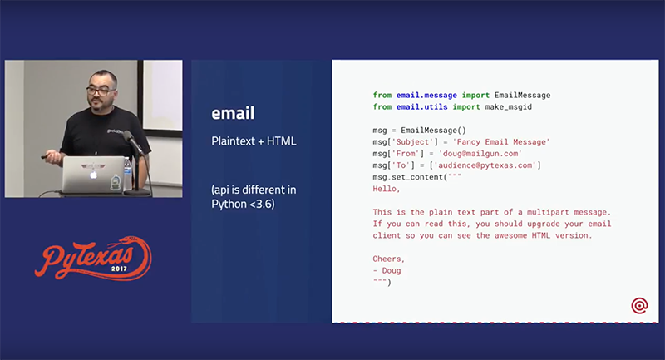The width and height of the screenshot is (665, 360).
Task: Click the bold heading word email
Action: (233, 114)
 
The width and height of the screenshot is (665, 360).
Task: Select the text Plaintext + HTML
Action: (254, 141)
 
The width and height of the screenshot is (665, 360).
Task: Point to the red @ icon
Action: (639, 306)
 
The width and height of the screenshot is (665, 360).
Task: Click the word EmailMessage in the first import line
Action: (522, 95)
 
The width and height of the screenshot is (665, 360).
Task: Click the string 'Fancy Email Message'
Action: (500, 142)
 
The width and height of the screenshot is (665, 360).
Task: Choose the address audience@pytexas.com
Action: (485, 165)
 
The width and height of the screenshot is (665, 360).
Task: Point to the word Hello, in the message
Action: (387, 189)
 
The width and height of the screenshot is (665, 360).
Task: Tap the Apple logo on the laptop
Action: (94, 175)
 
